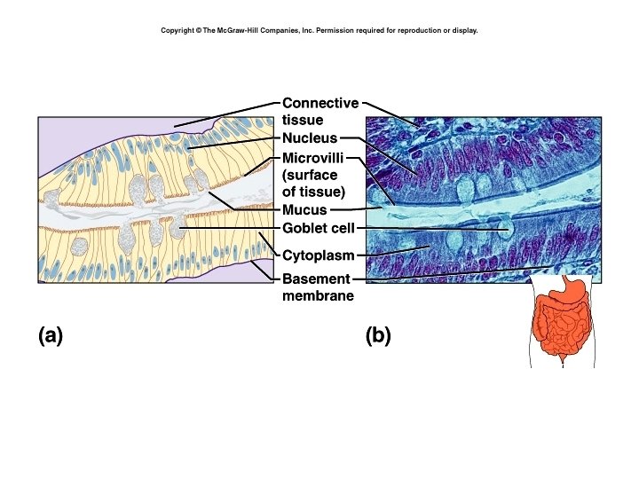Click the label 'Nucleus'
[310, 138]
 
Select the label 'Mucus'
[304, 211]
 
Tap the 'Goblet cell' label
[317, 229]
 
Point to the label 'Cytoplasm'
[319, 256]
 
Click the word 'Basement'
[315, 280]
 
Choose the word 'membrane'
[318, 296]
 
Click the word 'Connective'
[320, 104]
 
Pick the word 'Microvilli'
[315, 158]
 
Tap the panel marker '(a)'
[50, 335]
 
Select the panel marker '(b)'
[378, 335]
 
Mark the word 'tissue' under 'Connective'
[303, 120]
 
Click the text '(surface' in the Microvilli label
[310, 175]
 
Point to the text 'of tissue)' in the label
[313, 192]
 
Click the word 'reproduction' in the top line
[410, 30]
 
